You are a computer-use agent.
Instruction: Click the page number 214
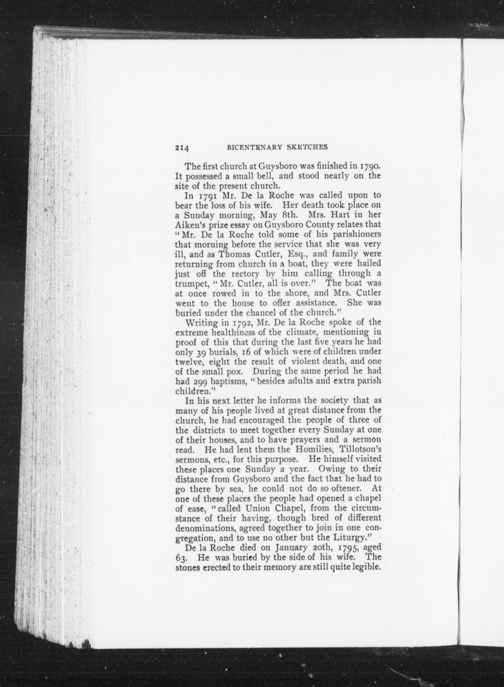point(182,148)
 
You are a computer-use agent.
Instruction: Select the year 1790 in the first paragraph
point(370,167)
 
